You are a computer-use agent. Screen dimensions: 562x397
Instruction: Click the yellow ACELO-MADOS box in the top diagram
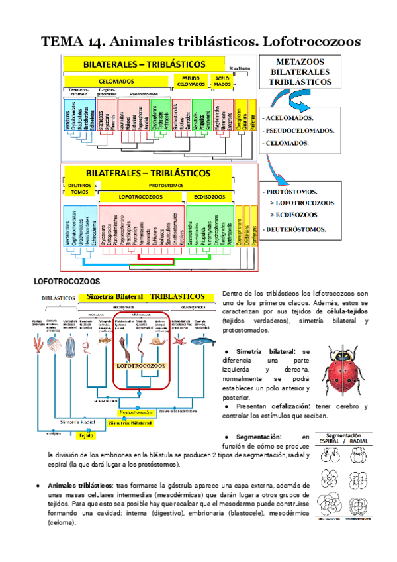tap(222, 81)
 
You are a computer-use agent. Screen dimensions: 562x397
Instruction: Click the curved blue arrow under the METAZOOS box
tap(291, 99)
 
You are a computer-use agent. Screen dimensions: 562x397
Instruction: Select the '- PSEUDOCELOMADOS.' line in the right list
tap(298, 130)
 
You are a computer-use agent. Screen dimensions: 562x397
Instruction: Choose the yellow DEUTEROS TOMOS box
tap(79, 189)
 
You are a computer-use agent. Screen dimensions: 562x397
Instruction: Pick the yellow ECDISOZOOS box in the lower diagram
tap(208, 197)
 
